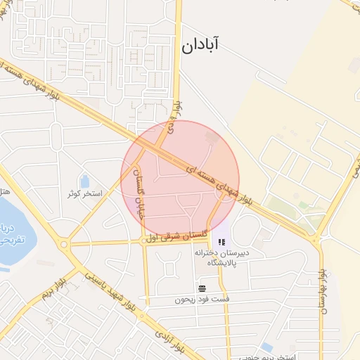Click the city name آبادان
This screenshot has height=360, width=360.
click(x=200, y=46)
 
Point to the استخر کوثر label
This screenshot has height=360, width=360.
click(x=84, y=193)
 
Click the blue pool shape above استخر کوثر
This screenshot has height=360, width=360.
click(x=85, y=181)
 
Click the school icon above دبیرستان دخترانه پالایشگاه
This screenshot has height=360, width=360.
click(x=222, y=243)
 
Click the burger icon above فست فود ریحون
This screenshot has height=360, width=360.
click(x=202, y=288)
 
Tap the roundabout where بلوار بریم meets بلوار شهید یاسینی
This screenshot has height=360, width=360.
click(x=65, y=245)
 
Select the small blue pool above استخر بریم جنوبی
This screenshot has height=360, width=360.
click(x=267, y=347)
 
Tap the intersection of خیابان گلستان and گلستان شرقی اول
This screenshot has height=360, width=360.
click(x=144, y=240)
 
